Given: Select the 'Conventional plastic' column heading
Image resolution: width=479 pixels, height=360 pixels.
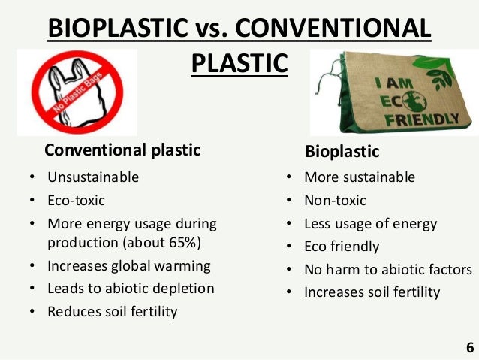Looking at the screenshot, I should click(123, 150).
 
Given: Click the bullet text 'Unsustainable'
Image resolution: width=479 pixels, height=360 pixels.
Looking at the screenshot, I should click(93, 178).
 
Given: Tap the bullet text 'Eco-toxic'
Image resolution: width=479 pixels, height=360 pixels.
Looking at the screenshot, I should click(77, 201).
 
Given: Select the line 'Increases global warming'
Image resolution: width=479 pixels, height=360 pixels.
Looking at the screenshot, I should click(129, 266).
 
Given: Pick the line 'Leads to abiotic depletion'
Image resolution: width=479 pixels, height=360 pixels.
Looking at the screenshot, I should click(131, 289).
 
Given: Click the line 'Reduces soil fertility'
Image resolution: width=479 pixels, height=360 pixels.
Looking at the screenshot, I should click(113, 311).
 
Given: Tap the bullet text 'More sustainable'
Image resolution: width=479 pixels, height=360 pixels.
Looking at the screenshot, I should click(359, 178).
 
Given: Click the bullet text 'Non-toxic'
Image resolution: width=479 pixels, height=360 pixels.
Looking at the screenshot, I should click(335, 201).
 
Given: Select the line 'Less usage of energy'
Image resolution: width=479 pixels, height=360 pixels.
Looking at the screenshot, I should click(370, 224).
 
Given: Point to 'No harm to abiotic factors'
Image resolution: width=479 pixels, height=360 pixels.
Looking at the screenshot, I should click(387, 270).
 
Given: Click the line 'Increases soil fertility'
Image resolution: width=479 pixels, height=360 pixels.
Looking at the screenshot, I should click(372, 292).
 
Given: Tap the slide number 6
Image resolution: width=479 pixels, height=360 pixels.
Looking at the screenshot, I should click(469, 348).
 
